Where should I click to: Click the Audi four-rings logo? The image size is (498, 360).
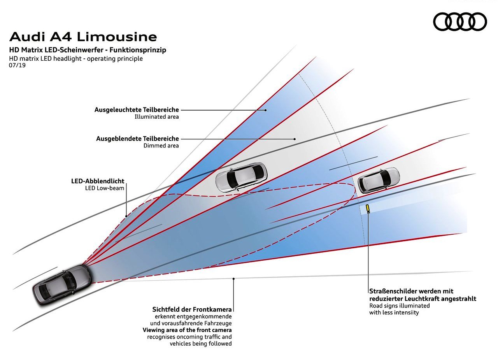(x=460, y=21)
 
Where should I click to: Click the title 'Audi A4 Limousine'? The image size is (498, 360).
(x=83, y=37)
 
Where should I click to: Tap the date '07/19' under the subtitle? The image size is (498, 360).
(x=17, y=65)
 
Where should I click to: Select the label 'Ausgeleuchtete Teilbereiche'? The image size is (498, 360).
(x=137, y=110)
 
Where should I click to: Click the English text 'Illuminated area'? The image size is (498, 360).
(x=156, y=117)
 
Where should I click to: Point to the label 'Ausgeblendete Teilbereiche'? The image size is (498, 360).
(x=137, y=139)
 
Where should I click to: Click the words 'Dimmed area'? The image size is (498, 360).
(x=161, y=146)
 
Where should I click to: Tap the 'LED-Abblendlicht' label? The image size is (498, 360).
(x=98, y=181)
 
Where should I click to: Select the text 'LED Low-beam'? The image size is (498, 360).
(x=105, y=188)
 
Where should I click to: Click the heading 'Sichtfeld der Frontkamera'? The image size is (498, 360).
(x=192, y=309)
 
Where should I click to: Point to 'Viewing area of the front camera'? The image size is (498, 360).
(x=187, y=330)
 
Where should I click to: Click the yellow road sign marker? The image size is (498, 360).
(x=368, y=208)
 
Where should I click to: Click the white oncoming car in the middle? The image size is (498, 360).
(x=241, y=177)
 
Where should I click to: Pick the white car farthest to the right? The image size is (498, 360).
(x=379, y=180)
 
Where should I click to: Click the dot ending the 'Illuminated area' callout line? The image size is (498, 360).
(x=265, y=110)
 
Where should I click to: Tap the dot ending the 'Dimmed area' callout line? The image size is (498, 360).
(x=295, y=139)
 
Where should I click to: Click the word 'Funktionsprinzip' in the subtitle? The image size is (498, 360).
(x=138, y=50)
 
